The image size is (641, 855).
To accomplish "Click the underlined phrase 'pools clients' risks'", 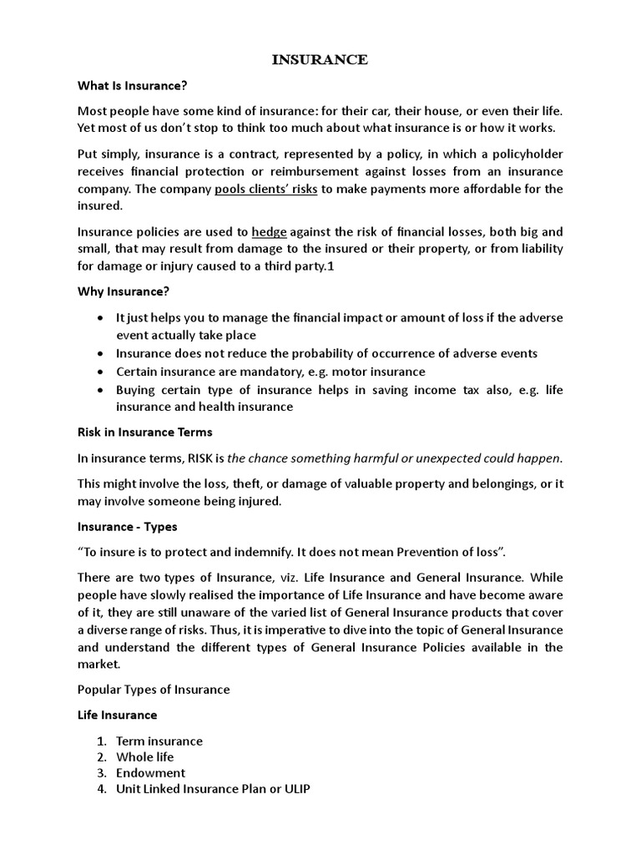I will click(265, 189).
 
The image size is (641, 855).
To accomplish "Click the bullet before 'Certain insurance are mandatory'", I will click(101, 372).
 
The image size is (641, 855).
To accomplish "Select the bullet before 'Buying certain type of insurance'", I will click(101, 389).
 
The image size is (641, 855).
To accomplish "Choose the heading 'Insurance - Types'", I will click(127, 528).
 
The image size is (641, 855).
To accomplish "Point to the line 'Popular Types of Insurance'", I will click(153, 690).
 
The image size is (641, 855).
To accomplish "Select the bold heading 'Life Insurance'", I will click(117, 715).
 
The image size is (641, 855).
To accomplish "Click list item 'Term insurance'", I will click(159, 741).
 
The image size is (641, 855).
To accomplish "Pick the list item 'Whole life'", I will click(144, 756).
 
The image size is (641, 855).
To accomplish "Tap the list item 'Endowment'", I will click(150, 772).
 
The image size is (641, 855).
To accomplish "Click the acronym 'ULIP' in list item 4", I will click(295, 789).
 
